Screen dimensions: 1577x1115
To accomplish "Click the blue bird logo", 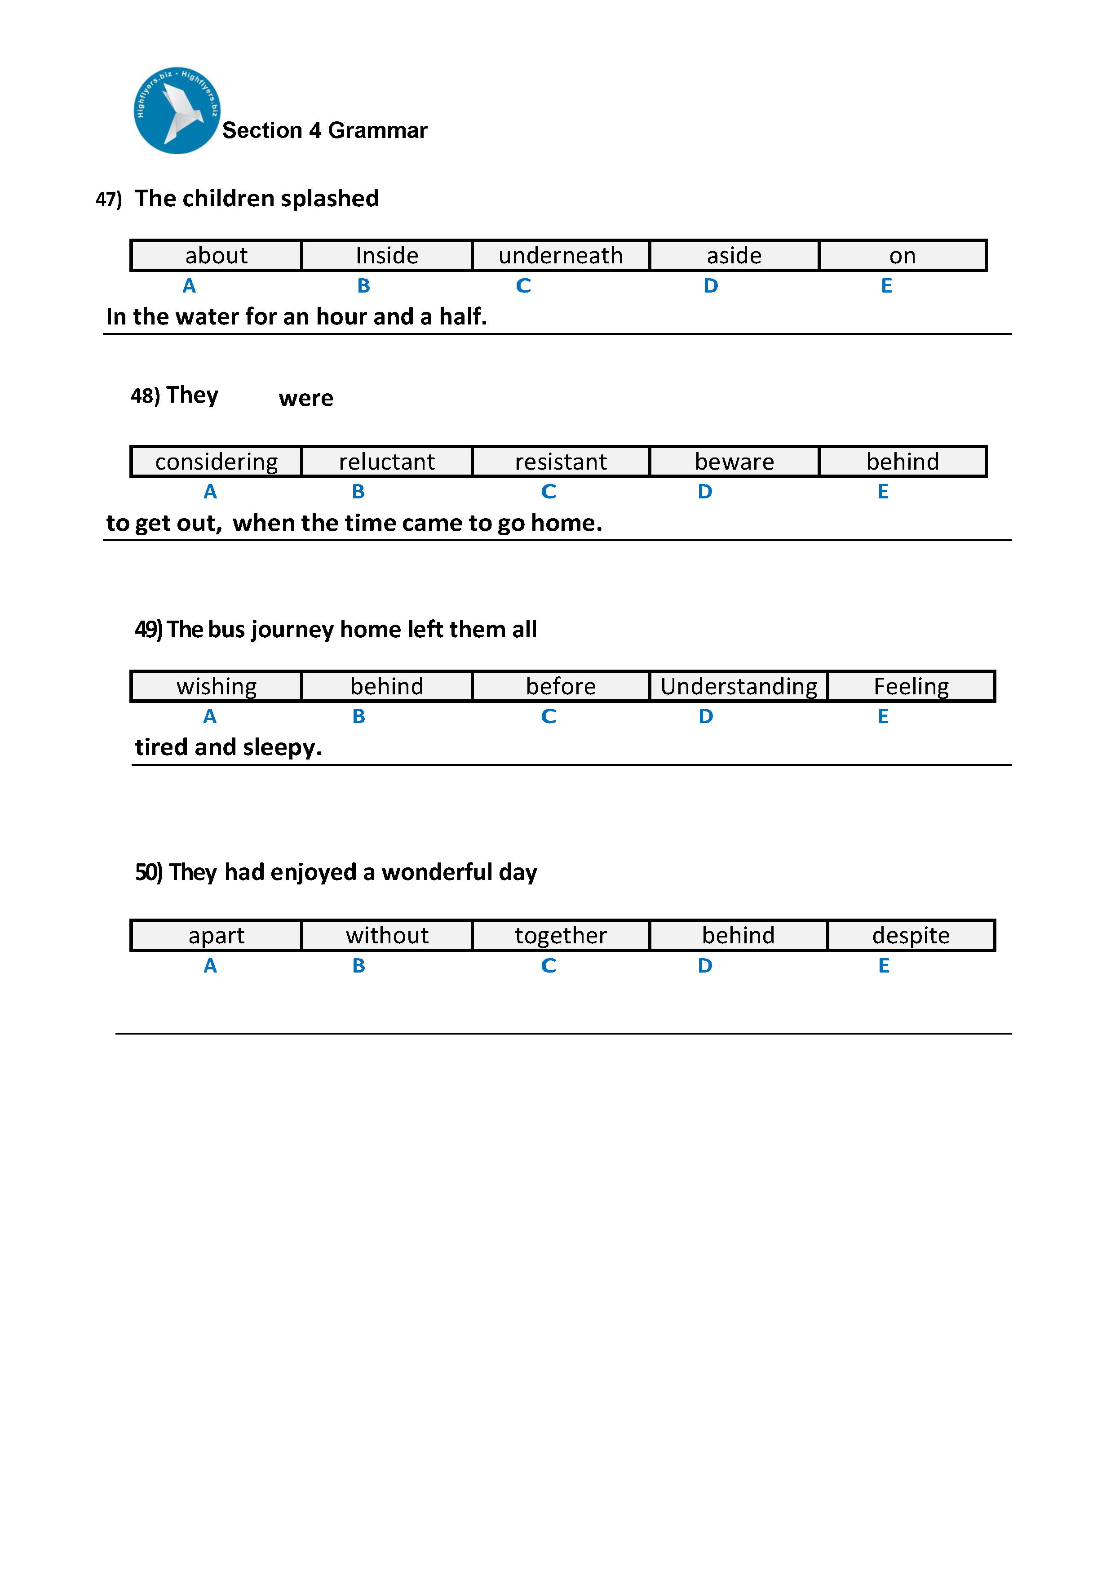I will point(177,111).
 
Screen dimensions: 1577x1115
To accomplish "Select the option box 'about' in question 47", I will point(216,256).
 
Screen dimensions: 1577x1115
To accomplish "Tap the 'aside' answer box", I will point(734,256).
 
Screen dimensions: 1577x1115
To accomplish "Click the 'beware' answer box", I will point(734,462).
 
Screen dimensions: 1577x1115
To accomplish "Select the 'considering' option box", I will point(216,462).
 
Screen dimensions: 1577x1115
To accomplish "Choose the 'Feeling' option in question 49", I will point(911,686).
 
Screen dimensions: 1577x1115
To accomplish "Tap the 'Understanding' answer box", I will point(738,686).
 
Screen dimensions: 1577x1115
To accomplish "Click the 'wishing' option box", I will point(216,686).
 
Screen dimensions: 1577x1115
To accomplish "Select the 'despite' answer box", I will point(911,936).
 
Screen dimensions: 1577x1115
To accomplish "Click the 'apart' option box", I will point(216,936).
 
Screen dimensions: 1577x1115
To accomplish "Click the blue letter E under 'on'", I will point(886,286).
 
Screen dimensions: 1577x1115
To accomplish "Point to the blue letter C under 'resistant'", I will point(548,492).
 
